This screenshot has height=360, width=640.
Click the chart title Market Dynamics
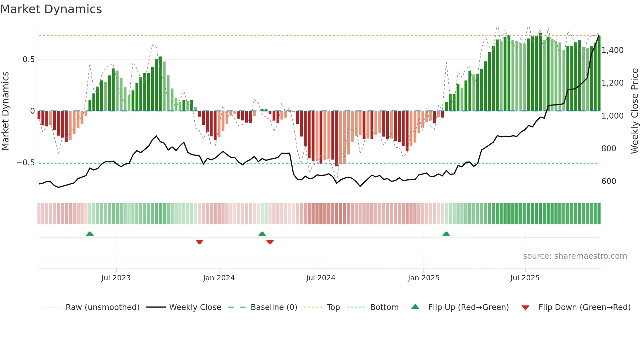coord(51,9)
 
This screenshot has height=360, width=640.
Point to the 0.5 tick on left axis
coord(28,59)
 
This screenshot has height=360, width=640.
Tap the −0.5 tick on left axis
coord(26,163)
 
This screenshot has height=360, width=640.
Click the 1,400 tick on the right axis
coord(612,50)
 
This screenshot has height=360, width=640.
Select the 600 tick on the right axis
coord(609,181)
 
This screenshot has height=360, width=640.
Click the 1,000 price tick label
coord(612,116)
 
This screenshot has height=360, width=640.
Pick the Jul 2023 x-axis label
coord(116,278)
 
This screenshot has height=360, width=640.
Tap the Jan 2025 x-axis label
coord(424,278)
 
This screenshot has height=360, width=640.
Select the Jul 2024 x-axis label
coord(321,278)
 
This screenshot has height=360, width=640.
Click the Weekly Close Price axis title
coord(634,111)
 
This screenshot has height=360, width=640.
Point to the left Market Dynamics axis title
coord(5,111)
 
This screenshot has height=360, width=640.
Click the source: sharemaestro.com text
coord(575,256)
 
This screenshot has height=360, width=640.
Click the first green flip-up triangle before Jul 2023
coord(90,234)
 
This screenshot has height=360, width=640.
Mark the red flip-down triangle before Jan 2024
coord(200,242)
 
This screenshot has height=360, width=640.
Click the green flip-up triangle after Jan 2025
coord(446,234)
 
